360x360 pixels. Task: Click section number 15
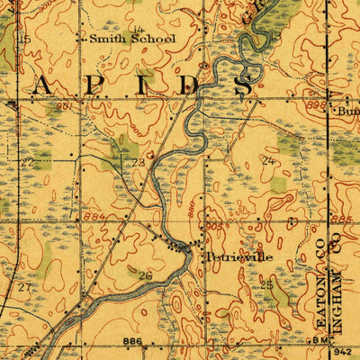click(x=25, y=40)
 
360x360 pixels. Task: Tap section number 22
click(x=27, y=162)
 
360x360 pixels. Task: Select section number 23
click(x=138, y=162)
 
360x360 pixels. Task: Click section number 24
click(x=266, y=160)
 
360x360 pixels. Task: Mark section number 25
click(x=266, y=284)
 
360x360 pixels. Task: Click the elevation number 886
click(x=134, y=342)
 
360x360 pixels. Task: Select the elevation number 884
click(x=90, y=217)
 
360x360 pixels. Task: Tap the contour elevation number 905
click(x=212, y=228)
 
